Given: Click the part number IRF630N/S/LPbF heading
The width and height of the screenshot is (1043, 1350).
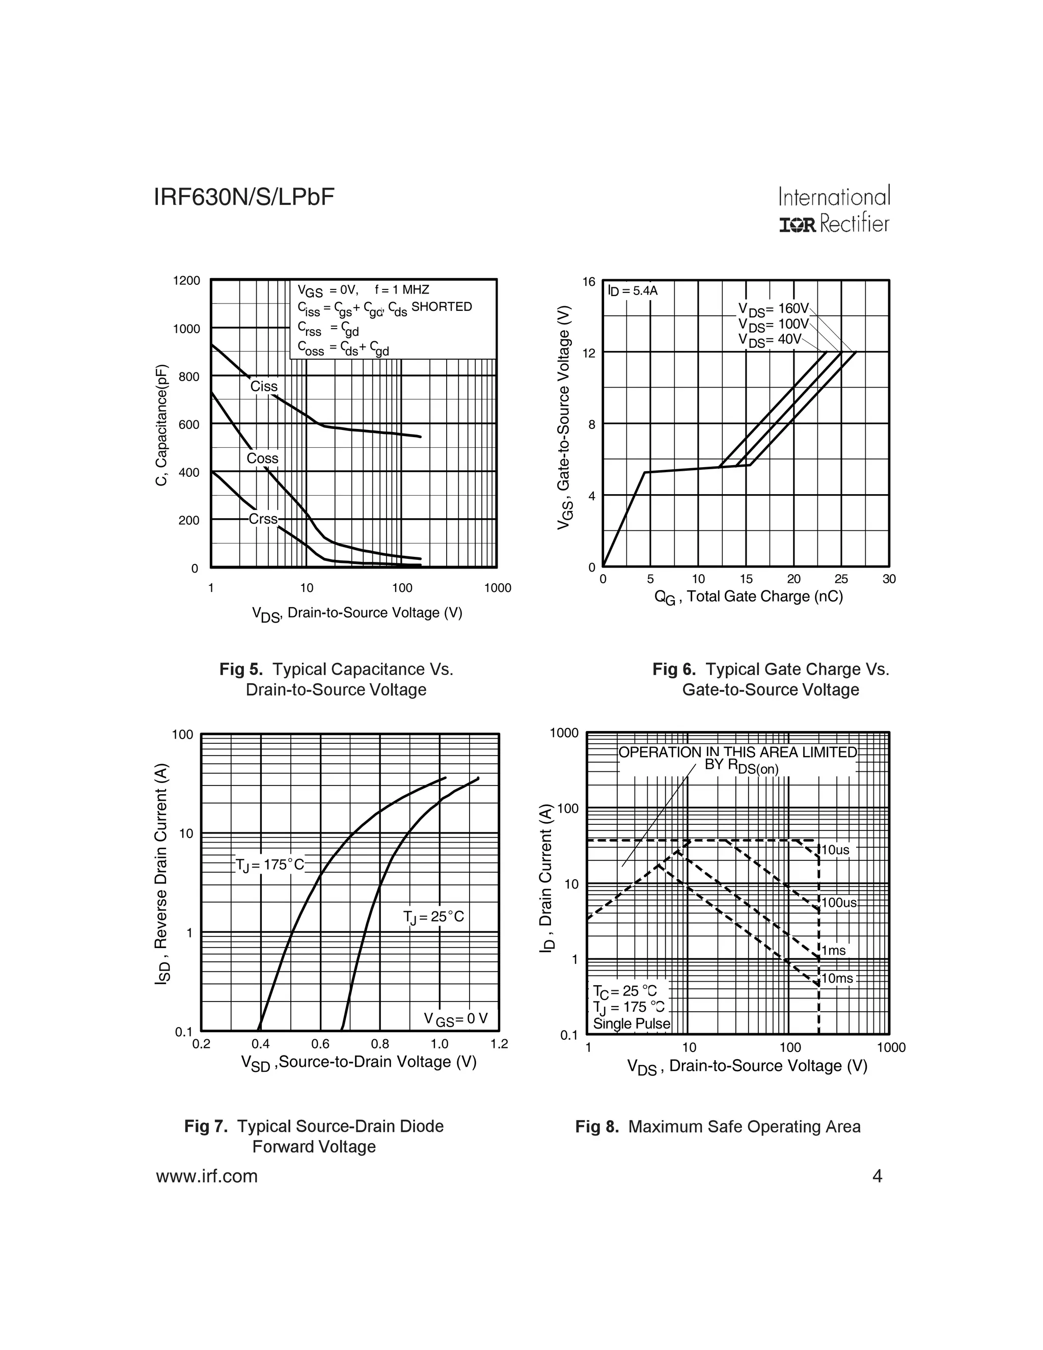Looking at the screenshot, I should coord(244,197).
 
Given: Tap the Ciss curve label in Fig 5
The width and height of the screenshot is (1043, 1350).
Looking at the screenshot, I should coord(264,386).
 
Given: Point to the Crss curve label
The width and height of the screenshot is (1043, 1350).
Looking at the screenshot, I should coord(263,519).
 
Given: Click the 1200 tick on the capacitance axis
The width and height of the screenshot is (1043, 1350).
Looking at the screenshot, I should coord(186,281).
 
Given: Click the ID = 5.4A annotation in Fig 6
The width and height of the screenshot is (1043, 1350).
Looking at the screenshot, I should coord(632,290).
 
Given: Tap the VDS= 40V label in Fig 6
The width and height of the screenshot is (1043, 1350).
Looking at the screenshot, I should coord(770,340).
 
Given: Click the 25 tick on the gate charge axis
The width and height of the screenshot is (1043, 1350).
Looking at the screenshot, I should coord(841,579).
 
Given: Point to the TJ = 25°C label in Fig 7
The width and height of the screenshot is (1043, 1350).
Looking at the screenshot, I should coord(433,916).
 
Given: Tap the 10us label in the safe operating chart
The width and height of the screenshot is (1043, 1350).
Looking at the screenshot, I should coord(835,850).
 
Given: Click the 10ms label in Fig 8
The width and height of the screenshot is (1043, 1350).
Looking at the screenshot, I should coord(837,979).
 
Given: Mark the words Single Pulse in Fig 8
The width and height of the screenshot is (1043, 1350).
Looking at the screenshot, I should coord(632,1023).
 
